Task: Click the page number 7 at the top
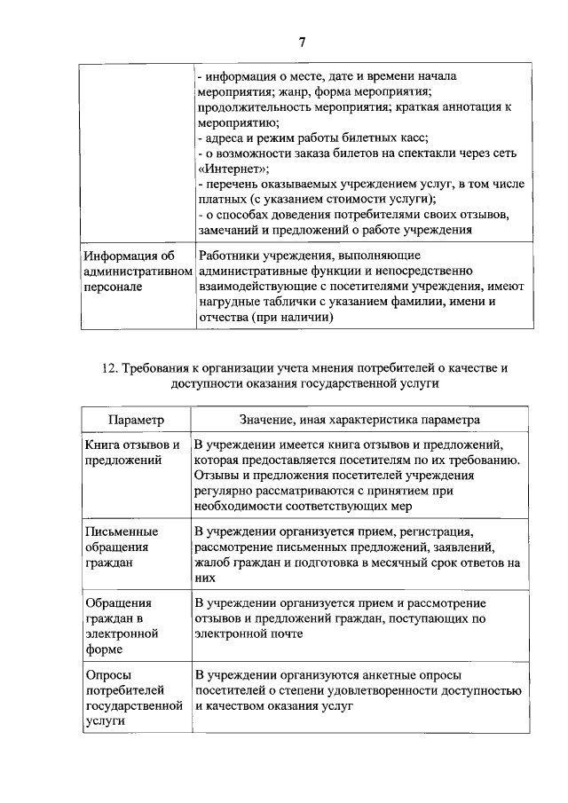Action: coord(302,42)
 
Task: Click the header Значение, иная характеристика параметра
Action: coord(359,418)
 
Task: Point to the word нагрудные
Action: coord(229,303)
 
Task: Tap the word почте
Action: coord(284,634)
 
